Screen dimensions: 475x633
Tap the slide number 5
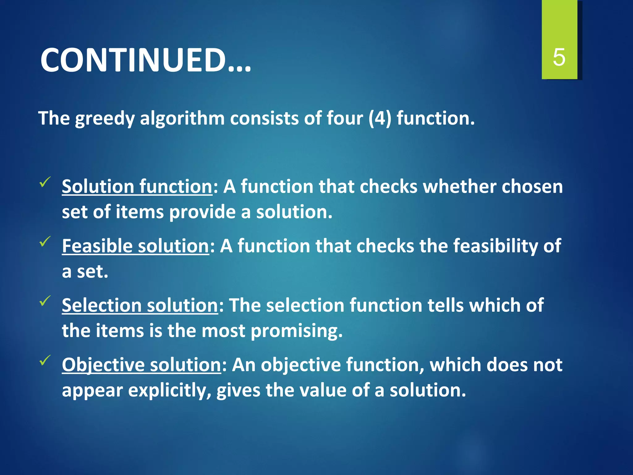pos(559,58)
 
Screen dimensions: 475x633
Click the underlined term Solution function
pos(137,186)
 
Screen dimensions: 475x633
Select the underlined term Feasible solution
pos(135,246)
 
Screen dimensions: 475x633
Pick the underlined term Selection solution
pos(140,306)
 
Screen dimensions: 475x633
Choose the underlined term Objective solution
pos(141,365)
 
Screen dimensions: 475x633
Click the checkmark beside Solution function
pos(45,182)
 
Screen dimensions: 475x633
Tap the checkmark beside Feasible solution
pos(45,242)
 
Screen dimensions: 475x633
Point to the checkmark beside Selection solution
pos(45,301)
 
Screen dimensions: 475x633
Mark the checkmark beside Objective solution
pos(45,360)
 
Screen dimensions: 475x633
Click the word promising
pos(296,331)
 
